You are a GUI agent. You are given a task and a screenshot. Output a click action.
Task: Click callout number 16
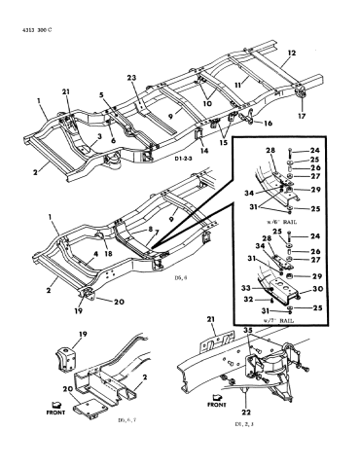pyautogui.click(x=268, y=124)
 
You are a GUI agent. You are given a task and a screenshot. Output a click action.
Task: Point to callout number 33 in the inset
pyautogui.click(x=245, y=288)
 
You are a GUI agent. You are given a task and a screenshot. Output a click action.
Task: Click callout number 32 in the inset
pyautogui.click(x=247, y=301)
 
